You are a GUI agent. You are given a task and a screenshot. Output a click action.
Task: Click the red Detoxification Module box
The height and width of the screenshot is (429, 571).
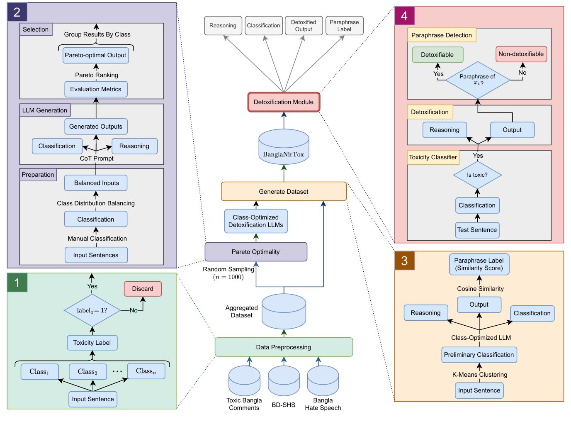point(284,102)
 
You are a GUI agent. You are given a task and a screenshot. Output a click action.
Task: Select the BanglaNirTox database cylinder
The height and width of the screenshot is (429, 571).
point(284,147)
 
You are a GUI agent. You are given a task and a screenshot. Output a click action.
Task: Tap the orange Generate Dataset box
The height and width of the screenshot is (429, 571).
point(284,191)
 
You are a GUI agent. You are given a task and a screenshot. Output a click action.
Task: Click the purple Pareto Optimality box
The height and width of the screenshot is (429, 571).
point(256,252)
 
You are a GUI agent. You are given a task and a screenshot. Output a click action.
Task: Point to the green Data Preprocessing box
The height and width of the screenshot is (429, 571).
point(284,347)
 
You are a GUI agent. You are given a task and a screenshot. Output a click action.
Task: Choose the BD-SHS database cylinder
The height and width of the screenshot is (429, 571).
point(284,382)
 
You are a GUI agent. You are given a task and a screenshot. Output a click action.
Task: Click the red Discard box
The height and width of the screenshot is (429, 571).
point(143,289)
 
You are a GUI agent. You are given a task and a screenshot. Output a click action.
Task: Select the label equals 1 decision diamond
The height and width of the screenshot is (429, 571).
point(92,310)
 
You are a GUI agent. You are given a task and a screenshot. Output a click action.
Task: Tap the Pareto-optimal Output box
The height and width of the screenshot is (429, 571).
point(96,55)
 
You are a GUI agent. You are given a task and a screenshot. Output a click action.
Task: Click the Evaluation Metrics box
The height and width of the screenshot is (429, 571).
point(96,89)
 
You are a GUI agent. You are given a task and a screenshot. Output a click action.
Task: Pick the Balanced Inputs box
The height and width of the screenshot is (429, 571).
point(96,183)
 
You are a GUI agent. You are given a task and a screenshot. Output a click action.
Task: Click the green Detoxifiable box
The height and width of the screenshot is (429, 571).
point(437,55)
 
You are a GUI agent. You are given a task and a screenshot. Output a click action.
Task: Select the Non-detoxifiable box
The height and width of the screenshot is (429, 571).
point(521,54)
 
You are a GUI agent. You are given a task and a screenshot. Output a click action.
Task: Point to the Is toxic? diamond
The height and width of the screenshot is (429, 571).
point(477,175)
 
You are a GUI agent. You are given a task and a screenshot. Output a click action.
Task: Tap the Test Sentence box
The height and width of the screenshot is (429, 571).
point(477,230)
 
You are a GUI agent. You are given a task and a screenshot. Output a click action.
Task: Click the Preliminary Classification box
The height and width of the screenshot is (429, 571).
point(479,355)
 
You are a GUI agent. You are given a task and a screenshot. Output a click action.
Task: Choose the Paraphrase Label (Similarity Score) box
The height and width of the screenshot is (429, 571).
point(479,264)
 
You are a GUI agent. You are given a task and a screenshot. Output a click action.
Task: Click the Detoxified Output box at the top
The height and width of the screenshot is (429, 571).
point(304,26)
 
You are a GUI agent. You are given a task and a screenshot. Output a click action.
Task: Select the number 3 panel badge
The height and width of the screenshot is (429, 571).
point(404,261)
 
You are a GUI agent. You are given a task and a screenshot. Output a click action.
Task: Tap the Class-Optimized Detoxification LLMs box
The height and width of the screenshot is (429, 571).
point(256,221)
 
